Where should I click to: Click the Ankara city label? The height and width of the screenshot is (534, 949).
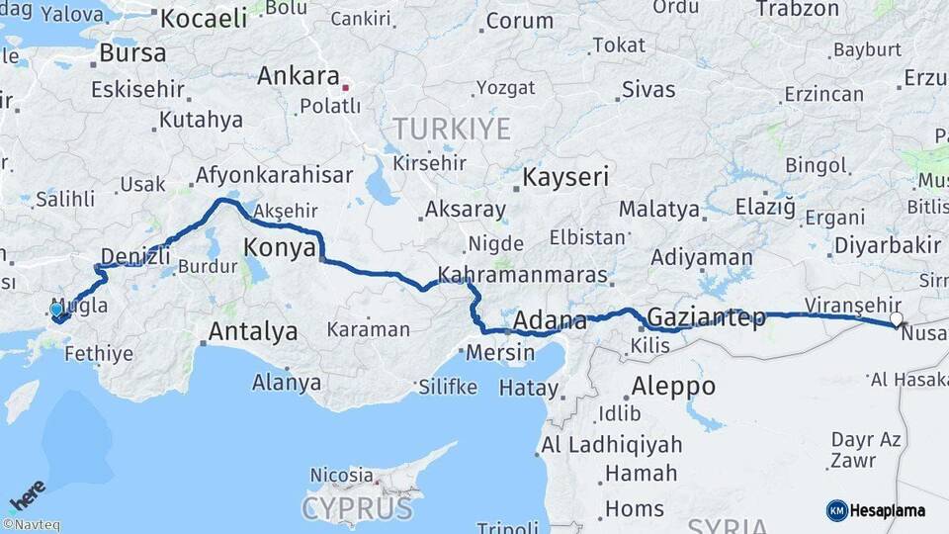[x=299, y=75]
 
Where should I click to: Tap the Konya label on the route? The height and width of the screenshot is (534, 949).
[x=280, y=246]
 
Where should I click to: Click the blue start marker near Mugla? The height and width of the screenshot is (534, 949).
[x=56, y=310]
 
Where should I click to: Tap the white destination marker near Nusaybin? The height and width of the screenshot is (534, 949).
[x=897, y=319]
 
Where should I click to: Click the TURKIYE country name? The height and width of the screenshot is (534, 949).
[x=452, y=129]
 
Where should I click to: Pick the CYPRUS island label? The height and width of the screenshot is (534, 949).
[x=357, y=508]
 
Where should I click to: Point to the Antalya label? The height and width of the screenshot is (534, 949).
[x=253, y=331]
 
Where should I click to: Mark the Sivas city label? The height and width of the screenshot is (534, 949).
[x=649, y=90]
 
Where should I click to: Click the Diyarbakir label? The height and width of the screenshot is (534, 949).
[x=887, y=244]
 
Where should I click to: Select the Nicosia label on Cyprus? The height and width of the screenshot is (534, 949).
[x=341, y=475]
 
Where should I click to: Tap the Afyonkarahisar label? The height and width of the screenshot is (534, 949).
[x=274, y=175]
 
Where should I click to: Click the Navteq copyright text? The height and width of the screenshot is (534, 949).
[x=31, y=525]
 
